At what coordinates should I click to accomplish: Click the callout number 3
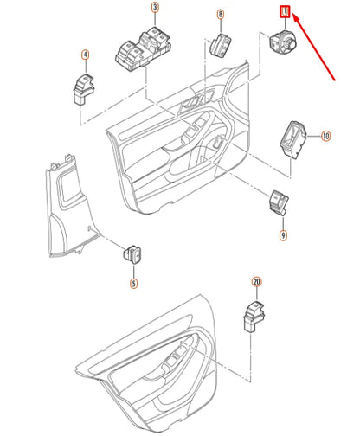(156, 10)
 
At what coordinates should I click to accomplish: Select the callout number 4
(85, 54)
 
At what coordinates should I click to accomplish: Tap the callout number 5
(133, 282)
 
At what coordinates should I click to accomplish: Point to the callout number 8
(220, 15)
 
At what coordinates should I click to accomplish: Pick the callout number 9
(282, 234)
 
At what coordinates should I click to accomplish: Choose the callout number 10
(325, 136)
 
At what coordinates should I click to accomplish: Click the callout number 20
(255, 282)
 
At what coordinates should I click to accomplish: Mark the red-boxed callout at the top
(284, 11)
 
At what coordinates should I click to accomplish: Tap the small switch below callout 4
(83, 86)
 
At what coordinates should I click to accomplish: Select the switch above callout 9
(278, 201)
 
